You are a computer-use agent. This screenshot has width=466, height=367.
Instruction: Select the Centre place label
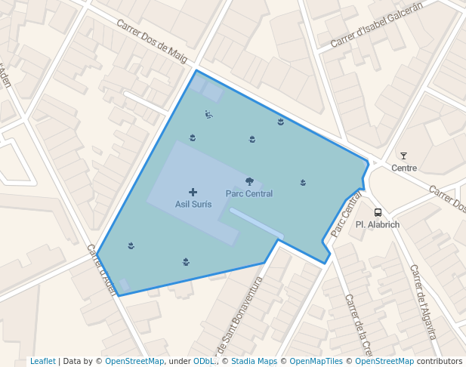[x=404, y=168]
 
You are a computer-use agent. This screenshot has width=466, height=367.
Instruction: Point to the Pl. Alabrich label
[x=377, y=224]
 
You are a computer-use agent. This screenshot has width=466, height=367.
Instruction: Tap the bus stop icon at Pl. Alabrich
[x=378, y=212]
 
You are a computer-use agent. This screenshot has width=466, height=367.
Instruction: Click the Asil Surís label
[x=193, y=205]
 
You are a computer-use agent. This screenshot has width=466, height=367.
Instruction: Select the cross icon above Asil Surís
[x=193, y=193]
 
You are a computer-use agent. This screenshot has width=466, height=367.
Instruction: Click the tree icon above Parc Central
[x=249, y=181]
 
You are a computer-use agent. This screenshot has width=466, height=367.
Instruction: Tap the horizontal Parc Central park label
[x=249, y=193]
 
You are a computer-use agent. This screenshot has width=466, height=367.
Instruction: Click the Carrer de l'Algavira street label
[x=424, y=302]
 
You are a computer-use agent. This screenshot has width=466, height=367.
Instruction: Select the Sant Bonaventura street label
[x=240, y=318]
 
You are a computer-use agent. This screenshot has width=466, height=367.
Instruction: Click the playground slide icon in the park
[x=208, y=115]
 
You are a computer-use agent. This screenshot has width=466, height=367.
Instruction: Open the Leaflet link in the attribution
[x=42, y=361]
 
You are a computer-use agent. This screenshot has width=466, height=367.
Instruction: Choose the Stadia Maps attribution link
[x=254, y=361]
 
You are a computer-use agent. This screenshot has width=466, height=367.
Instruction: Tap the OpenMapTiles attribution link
[x=316, y=361]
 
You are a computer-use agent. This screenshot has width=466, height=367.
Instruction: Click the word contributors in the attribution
[x=440, y=361]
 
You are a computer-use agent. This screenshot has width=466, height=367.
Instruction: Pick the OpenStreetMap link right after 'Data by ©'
[x=134, y=361]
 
